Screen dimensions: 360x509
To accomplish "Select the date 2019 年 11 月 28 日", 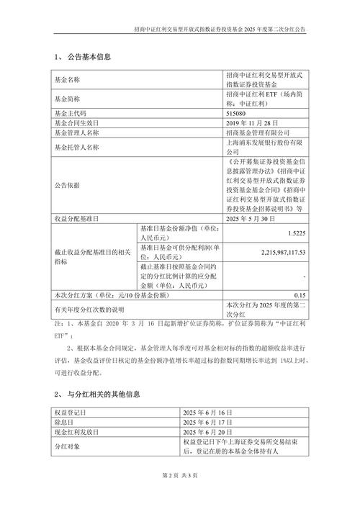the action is [253, 123].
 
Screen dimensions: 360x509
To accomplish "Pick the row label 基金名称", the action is [68, 78].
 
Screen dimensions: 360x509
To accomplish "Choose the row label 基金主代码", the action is [71, 113].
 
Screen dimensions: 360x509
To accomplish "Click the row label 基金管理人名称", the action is [76, 133].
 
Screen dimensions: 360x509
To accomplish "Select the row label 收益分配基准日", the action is [76, 217].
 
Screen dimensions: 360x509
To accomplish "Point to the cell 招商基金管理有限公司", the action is [257, 133].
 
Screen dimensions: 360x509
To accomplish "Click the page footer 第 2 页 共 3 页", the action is [180, 476].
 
